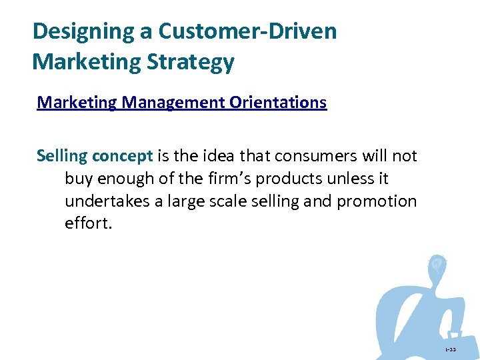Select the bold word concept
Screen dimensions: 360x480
click(x=123, y=157)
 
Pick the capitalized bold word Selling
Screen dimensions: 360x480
click(x=62, y=157)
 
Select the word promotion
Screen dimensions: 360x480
click(x=377, y=201)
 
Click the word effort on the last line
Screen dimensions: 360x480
click(x=87, y=223)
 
